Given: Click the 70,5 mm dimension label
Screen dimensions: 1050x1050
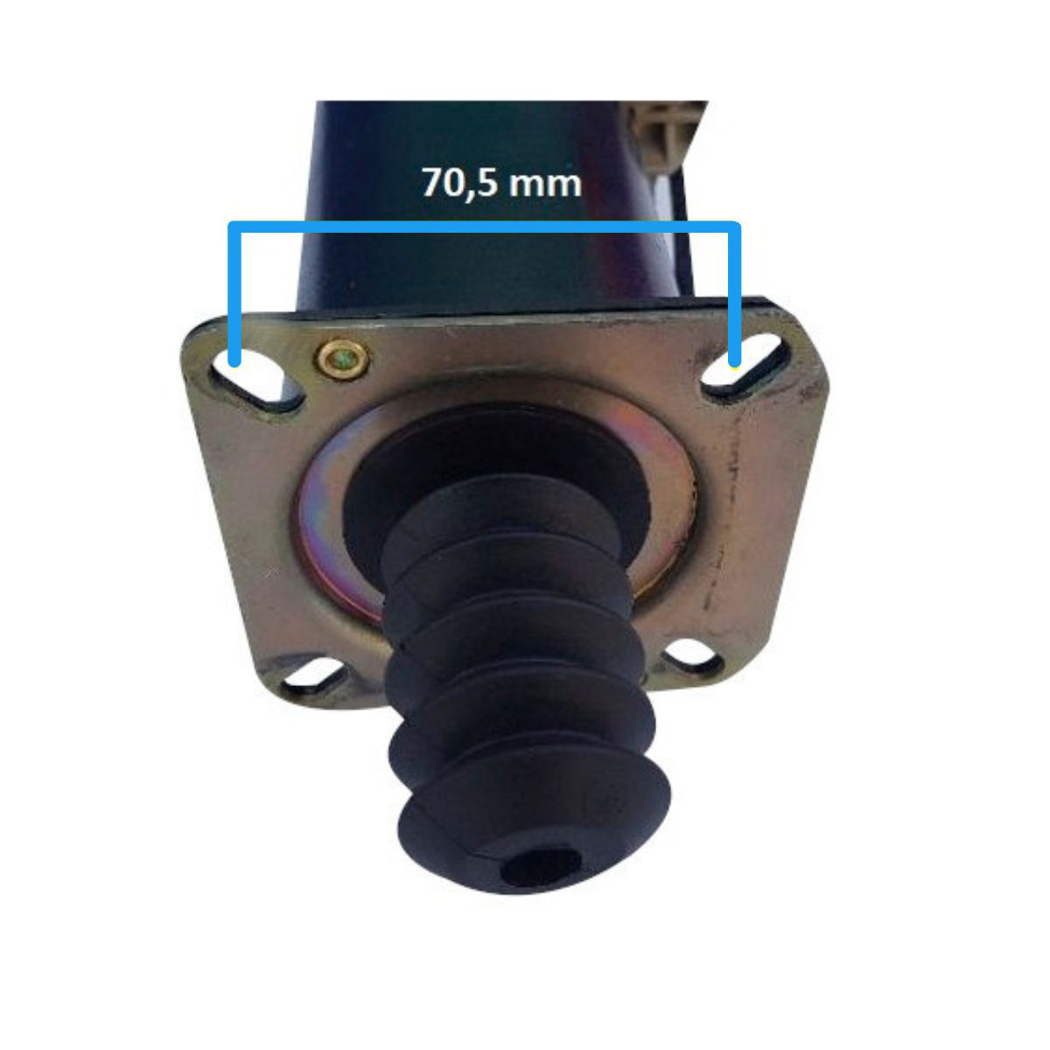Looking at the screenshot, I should click(x=501, y=182).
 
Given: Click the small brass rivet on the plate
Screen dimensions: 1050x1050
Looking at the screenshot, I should click(x=342, y=359).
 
